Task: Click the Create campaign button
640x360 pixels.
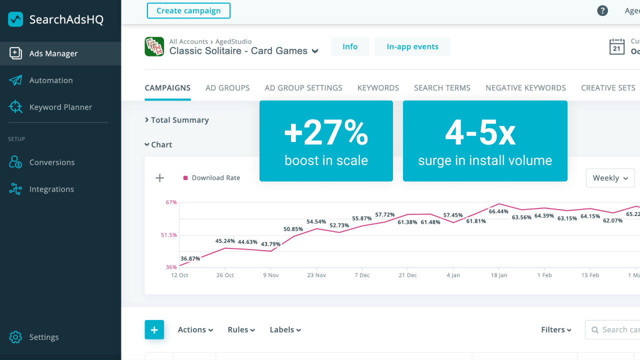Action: point(188,10)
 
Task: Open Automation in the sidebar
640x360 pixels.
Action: point(50,80)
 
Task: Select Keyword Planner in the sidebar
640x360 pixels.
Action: point(60,107)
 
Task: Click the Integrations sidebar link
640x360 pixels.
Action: point(51,189)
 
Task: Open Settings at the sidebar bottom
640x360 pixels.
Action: point(44,337)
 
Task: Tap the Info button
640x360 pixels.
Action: point(350,46)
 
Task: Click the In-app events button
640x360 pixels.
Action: point(412,46)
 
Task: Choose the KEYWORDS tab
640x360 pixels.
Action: point(378,88)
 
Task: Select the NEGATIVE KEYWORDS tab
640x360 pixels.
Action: point(525,88)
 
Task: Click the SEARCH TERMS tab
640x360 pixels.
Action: point(442,88)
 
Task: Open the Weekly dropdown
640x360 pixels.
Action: point(610,178)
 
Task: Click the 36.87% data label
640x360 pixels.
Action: point(190,258)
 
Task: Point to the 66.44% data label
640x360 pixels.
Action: point(498,211)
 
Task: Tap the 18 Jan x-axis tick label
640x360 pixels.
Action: point(499,275)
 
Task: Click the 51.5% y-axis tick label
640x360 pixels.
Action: point(169,235)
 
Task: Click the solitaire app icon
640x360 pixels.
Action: point(154,46)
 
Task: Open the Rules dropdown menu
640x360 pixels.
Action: point(241,330)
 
